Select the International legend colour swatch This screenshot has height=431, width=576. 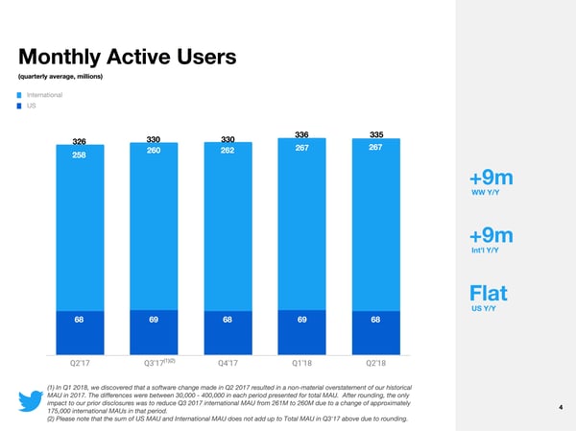19,94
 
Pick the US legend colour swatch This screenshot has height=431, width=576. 19,106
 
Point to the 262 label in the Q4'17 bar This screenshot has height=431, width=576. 228,150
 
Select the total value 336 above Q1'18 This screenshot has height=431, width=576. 301,134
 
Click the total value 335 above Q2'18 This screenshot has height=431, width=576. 375,134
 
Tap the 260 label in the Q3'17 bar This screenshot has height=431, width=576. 155,151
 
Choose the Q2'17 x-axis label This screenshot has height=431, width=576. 81,363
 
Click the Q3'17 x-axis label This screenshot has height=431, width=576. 156,363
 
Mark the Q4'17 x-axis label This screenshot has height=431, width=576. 228,363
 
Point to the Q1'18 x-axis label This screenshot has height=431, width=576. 301,363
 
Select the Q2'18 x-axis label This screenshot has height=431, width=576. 375,363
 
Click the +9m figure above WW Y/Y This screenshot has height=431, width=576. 492,180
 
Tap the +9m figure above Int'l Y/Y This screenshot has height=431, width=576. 492,235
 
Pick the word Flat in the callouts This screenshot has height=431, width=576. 488,291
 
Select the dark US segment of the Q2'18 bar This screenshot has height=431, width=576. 375,332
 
